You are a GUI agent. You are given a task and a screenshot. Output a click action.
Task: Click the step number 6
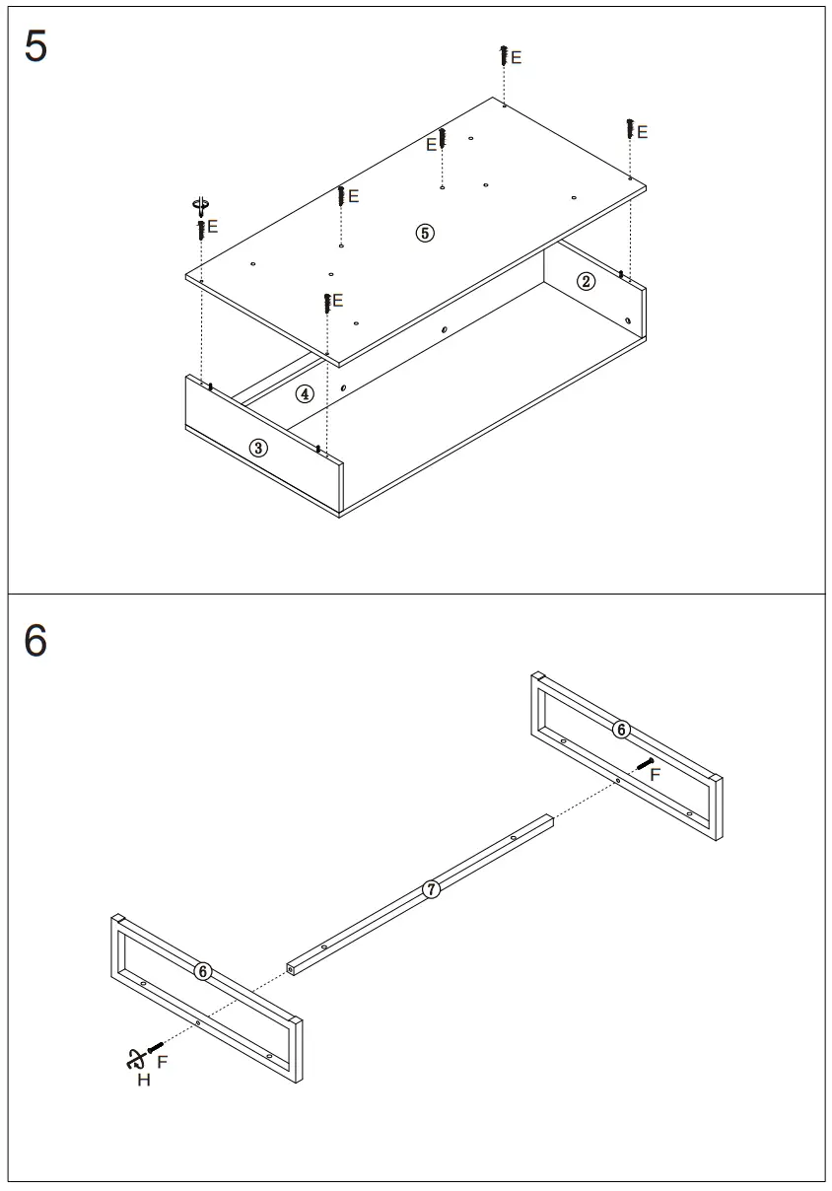pos(35,641)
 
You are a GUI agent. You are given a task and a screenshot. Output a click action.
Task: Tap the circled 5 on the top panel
pos(424,233)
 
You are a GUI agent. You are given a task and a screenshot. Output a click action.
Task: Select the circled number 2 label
pos(586,283)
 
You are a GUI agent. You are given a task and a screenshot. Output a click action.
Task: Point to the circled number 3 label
pos(257,448)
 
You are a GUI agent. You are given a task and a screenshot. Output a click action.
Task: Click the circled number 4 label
pos(306,393)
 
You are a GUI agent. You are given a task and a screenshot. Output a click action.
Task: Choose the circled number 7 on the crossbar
pos(431,888)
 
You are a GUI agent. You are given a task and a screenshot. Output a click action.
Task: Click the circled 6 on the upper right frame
pos(620,730)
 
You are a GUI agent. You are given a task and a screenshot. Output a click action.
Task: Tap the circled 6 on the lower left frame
pos(203,971)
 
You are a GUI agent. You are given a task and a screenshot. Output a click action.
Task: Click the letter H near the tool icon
pos(144,1081)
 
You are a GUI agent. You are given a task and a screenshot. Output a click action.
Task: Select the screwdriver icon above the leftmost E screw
pos(201,207)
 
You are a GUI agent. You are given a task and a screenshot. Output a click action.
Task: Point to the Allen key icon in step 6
pos(131,1060)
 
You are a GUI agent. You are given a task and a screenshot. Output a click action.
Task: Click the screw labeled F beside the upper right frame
pos(645,762)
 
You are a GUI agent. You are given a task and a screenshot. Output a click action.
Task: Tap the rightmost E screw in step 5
pos(629,128)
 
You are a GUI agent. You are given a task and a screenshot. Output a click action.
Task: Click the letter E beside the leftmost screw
pos(213,227)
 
